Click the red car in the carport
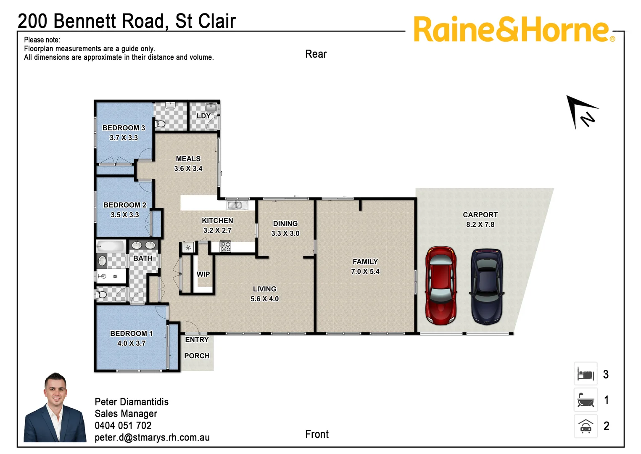tap(441, 285)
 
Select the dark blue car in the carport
tap(487, 287)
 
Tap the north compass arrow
tap(582, 111)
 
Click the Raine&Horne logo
tap(513, 29)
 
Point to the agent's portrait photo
tap(55, 408)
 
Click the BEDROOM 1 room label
tap(131, 333)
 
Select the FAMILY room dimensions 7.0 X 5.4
tap(365, 272)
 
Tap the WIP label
tap(203, 274)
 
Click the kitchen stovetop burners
tap(226, 246)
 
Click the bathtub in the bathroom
tap(111, 246)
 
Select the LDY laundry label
tap(203, 116)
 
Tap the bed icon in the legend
tap(586, 374)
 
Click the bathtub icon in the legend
tap(586, 400)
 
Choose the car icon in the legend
tap(586, 426)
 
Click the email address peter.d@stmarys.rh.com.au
tap(152, 437)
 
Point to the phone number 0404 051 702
tap(123, 425)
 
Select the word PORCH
tap(197, 356)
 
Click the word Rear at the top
tap(316, 54)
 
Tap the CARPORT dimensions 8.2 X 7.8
tap(480, 224)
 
